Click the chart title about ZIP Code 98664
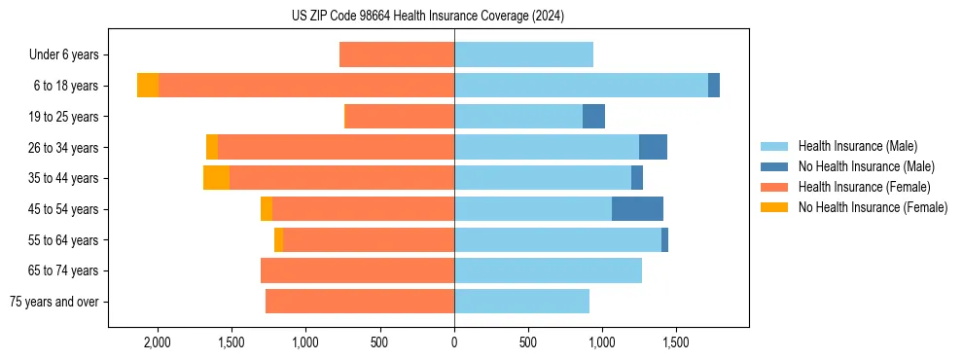427,16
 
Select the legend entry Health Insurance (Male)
857,147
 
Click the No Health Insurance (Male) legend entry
866,167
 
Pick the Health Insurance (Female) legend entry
864,187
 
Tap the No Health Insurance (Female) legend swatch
775,207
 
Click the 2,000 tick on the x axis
157,343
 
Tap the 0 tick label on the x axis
454,343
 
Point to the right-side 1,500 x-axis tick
676,343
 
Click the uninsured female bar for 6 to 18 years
148,86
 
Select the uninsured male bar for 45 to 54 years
637,209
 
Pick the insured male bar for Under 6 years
523,55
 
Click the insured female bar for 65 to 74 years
357,270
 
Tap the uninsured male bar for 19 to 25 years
593,117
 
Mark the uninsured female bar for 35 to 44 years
216,178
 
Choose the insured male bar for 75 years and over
521,302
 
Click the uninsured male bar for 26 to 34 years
653,148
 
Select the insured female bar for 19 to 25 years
400,117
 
